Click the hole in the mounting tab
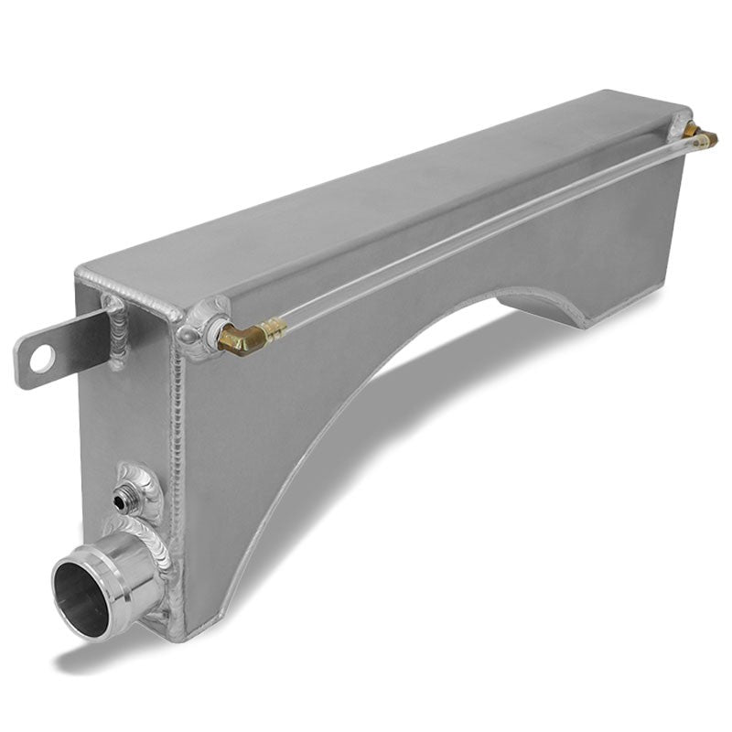[38, 360]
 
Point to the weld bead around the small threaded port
[137, 485]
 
